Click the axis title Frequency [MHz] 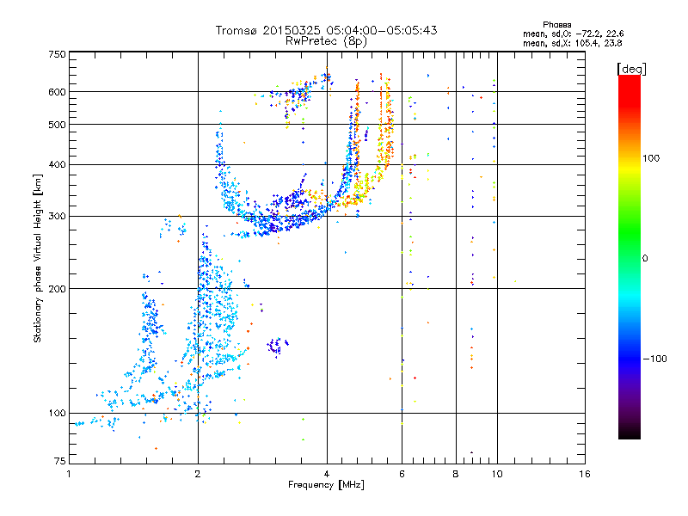[326, 486]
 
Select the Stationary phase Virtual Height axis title [38, 258]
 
